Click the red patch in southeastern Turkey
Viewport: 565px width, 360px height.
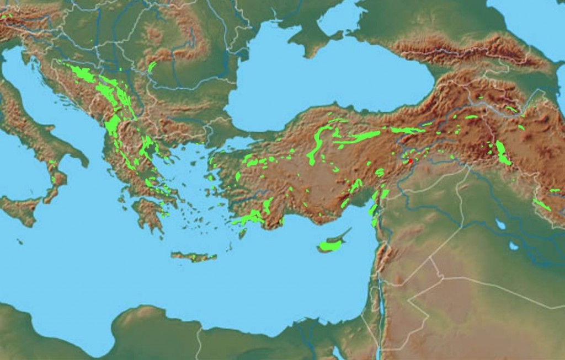[410, 161]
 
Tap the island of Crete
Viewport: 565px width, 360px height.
[193, 257]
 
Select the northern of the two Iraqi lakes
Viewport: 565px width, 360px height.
[500, 224]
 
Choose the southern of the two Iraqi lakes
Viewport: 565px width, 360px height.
[514, 245]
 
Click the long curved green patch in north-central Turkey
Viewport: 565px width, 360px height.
[317, 143]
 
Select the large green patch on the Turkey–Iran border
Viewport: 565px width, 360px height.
[503, 154]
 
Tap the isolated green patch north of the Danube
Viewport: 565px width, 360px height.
[151, 67]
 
